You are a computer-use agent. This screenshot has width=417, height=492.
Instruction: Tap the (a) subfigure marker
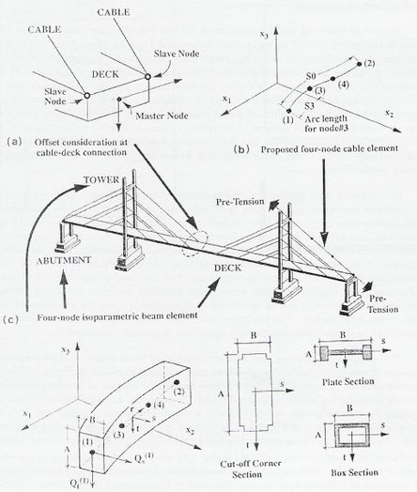13,140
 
